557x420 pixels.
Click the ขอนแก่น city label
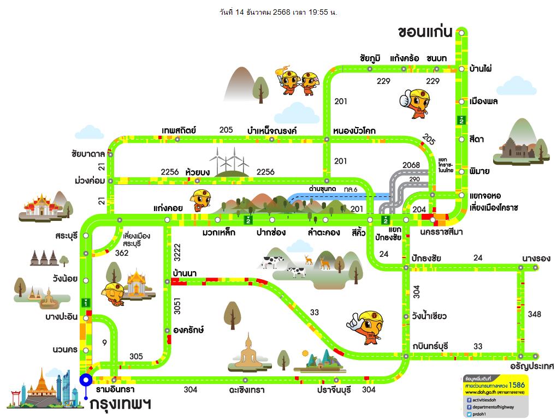pyautogui.click(x=425, y=32)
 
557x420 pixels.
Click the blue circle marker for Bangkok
pyautogui.click(x=85, y=380)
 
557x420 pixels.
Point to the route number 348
pyautogui.click(x=534, y=314)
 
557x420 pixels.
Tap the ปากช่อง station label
pyautogui.click(x=271, y=233)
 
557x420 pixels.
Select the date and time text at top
pyautogui.click(x=278, y=12)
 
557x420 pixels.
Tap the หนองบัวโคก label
pyautogui.click(x=354, y=130)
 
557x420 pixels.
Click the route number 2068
pyautogui.click(x=411, y=165)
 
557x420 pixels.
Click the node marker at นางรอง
pyautogui.click(x=536, y=267)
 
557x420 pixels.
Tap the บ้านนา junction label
pyautogui.click(x=184, y=272)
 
